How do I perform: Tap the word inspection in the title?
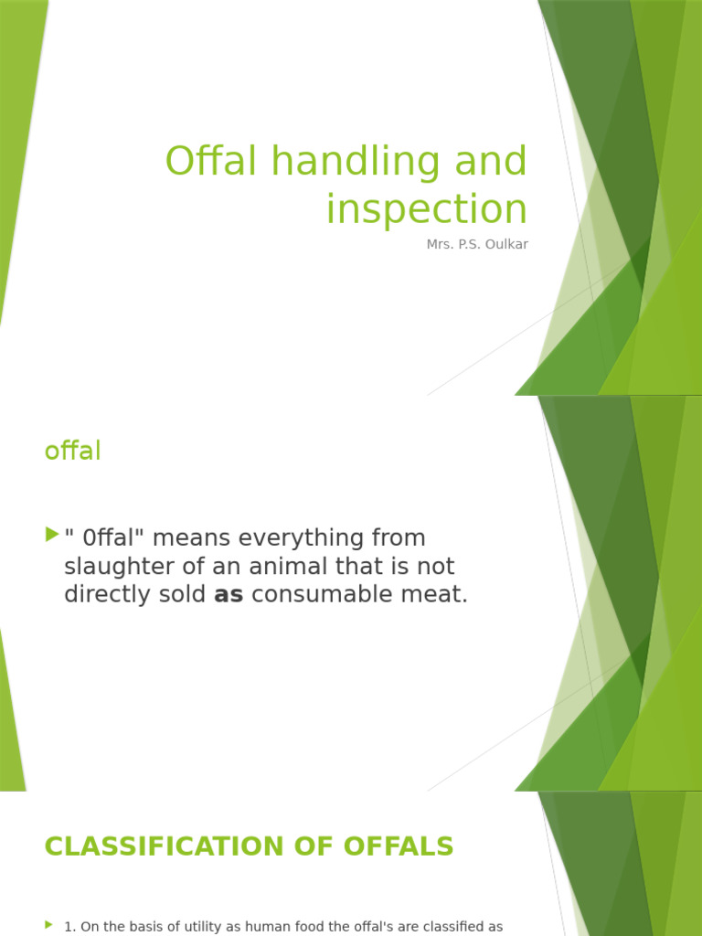coord(427,209)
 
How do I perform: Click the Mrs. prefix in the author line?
coord(440,245)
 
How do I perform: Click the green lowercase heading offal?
coord(72,451)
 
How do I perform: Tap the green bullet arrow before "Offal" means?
coord(50,535)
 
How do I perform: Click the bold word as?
coord(229,595)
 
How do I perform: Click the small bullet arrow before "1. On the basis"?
coord(48,926)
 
